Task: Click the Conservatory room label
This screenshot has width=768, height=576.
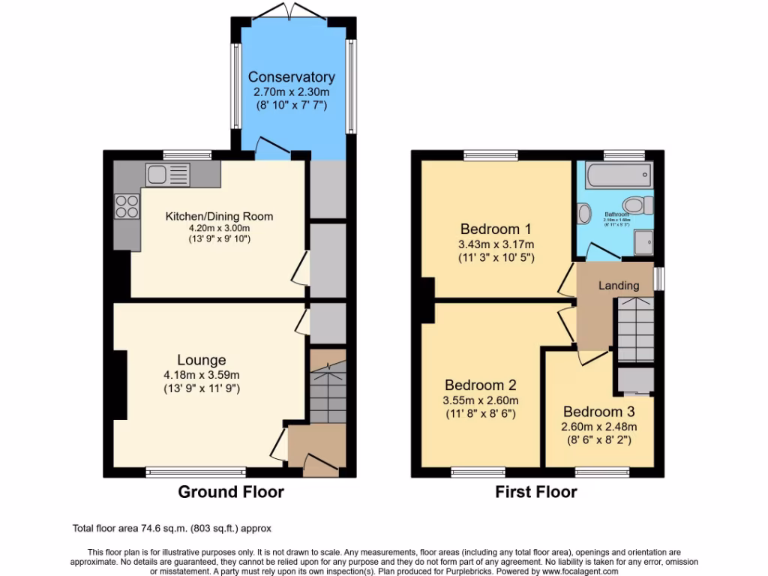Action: point(291,77)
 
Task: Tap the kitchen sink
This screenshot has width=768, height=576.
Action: point(168,175)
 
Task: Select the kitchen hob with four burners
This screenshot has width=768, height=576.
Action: point(127,205)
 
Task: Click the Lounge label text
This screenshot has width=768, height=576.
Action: point(202,360)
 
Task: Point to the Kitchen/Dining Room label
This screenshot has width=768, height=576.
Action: point(219,216)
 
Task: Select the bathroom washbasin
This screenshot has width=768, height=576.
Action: point(584,213)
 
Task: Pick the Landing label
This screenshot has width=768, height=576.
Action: point(619,286)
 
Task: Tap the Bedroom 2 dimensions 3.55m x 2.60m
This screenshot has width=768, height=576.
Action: point(481,400)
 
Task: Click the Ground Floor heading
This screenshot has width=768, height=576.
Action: point(231,492)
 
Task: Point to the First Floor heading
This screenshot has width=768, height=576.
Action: point(536,492)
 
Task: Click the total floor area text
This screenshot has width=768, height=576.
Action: point(176,528)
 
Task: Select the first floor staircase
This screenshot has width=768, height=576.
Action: point(634,328)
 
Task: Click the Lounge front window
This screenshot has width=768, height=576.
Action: point(196,472)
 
